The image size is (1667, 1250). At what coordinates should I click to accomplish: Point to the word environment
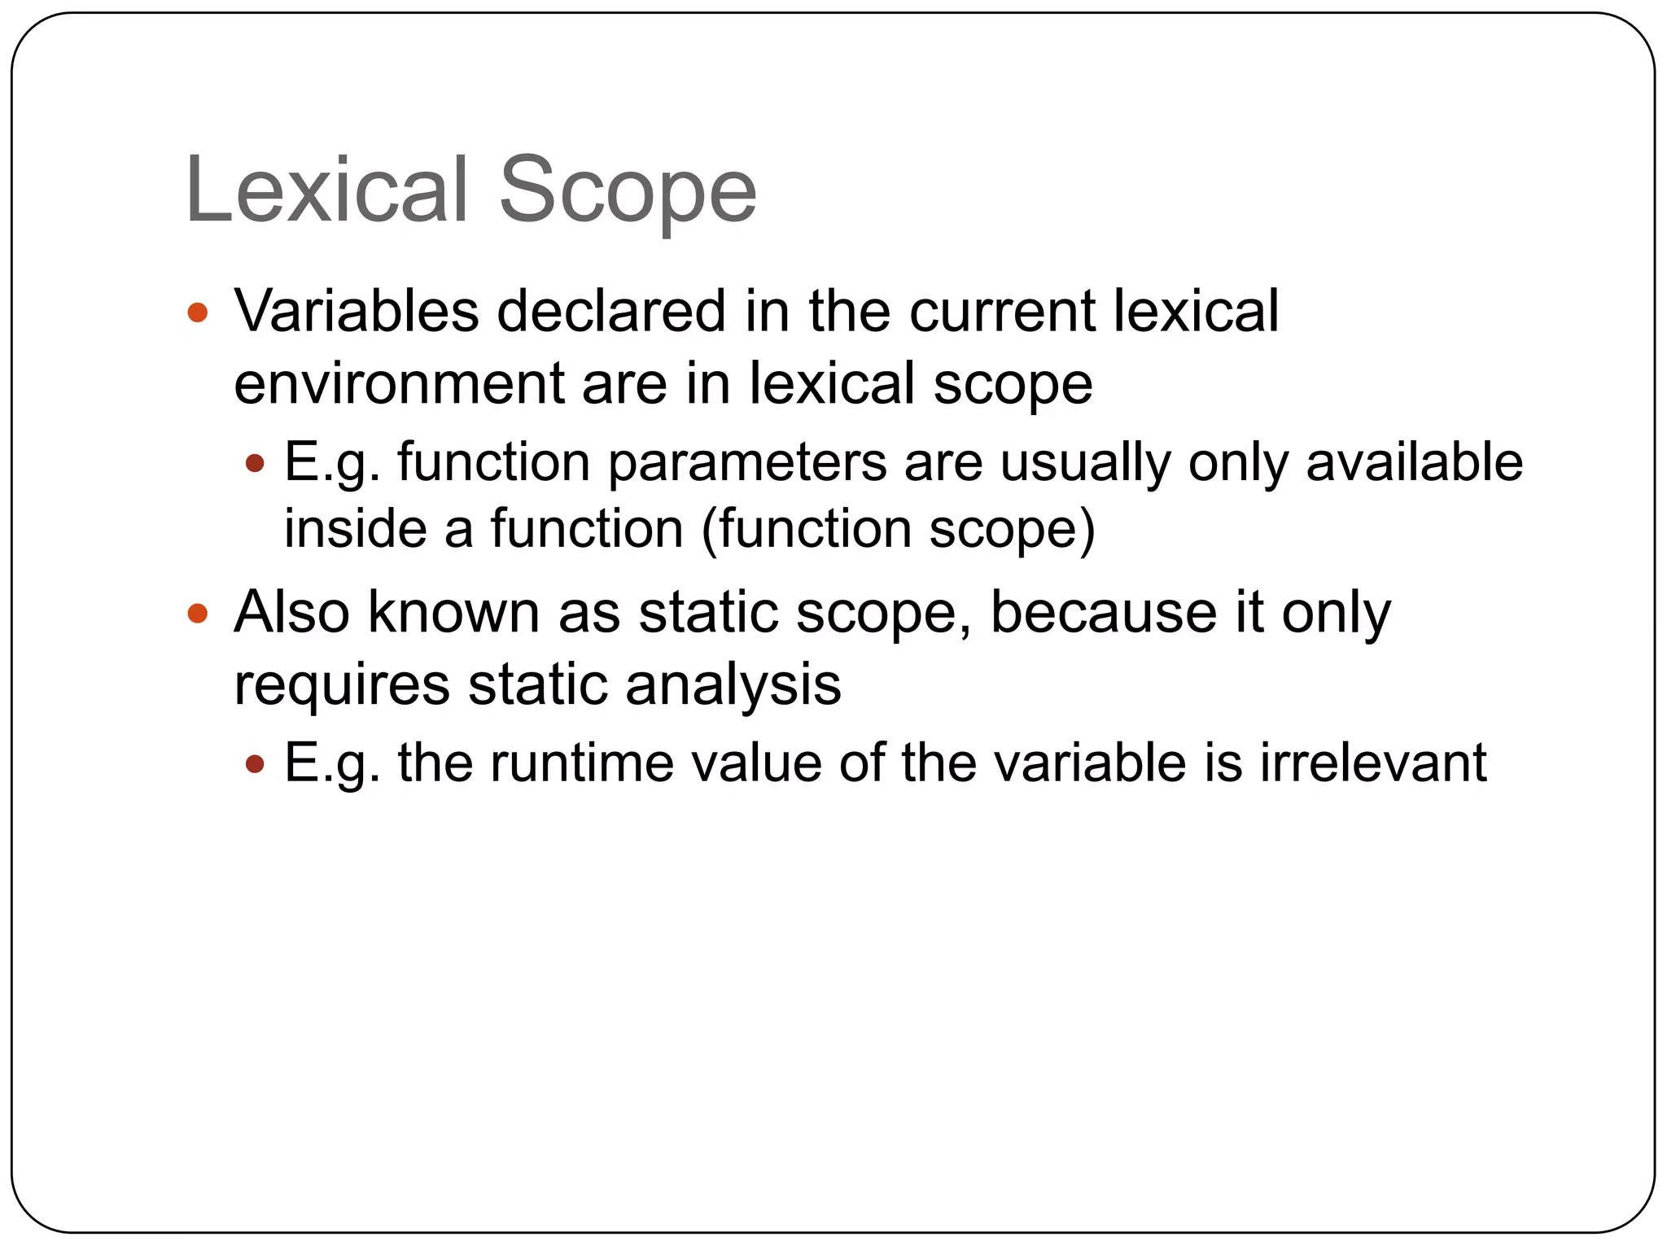click(x=399, y=384)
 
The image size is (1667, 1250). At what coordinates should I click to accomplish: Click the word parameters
click(x=748, y=464)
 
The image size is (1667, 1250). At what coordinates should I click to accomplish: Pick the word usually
click(x=1085, y=464)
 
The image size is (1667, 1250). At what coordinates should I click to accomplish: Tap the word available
click(x=1414, y=462)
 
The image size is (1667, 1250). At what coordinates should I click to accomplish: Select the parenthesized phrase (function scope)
click(x=898, y=531)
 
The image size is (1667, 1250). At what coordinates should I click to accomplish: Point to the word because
click(x=1103, y=612)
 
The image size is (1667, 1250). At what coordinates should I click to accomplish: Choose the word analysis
click(x=733, y=686)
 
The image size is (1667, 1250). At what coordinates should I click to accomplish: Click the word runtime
click(x=582, y=763)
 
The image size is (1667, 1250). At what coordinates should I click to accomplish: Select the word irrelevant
click(x=1373, y=763)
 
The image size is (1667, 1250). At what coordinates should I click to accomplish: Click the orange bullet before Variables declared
click(x=198, y=312)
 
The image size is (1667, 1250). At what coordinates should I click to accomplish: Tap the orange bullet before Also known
click(x=198, y=613)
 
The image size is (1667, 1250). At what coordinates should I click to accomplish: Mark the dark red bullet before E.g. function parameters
click(x=255, y=464)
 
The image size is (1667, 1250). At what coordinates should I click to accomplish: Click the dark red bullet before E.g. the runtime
click(x=255, y=764)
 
